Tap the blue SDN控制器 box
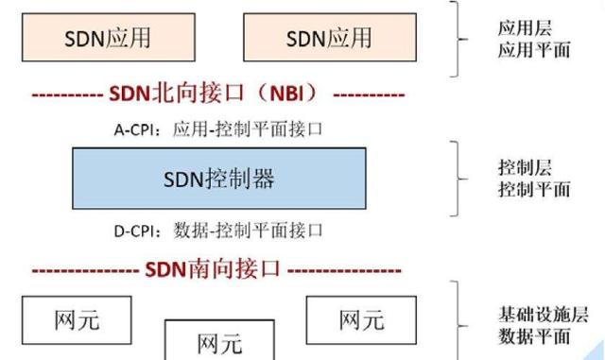click(218, 178)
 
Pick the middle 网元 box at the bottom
click(218, 341)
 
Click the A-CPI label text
click(137, 129)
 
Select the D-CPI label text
click(137, 229)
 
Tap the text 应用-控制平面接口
click(248, 129)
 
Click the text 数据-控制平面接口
click(248, 229)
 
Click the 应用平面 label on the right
click(533, 50)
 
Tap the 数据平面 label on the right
click(533, 336)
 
